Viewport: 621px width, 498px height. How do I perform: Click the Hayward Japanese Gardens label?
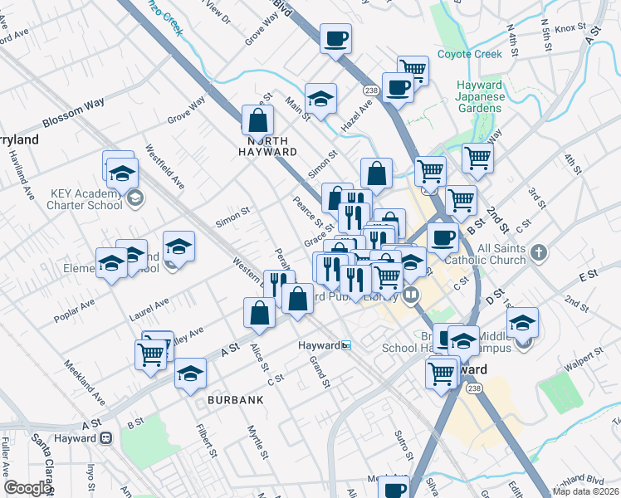tap(480, 97)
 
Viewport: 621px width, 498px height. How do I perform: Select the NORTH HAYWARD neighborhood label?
tap(267, 146)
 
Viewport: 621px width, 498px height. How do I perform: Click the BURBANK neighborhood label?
tap(236, 400)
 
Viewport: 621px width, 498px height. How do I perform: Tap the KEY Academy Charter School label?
tap(86, 199)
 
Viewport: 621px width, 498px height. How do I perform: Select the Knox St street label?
tap(571, 28)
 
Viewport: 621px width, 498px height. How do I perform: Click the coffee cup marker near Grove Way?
tap(335, 38)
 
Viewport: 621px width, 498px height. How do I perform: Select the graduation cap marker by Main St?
tap(320, 99)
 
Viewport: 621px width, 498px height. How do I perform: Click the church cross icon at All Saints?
tap(539, 251)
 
